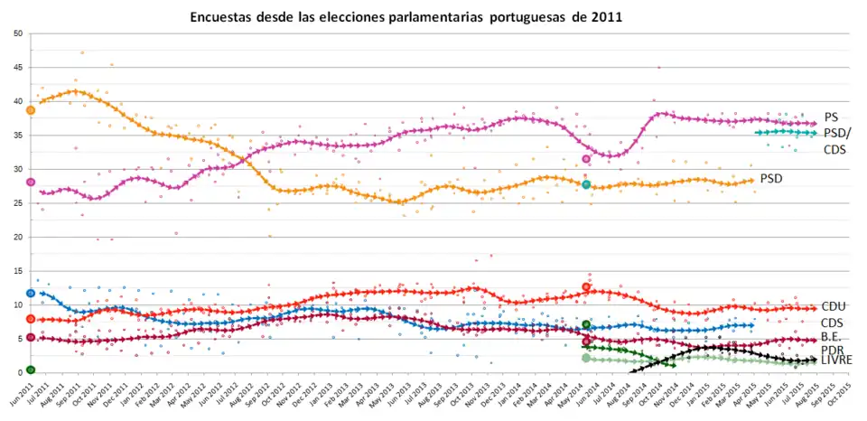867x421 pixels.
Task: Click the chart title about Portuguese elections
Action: click(x=406, y=17)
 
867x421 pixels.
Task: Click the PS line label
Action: click(x=831, y=117)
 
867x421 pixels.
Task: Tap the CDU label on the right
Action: click(x=833, y=307)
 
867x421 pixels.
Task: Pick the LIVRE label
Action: click(x=836, y=360)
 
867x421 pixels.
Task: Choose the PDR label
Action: click(x=832, y=349)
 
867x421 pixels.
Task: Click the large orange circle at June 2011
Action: click(x=31, y=110)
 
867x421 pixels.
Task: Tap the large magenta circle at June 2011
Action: click(x=31, y=182)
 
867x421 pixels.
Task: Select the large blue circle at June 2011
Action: click(x=31, y=293)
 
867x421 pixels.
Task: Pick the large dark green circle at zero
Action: click(x=31, y=370)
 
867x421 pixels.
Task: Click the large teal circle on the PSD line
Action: click(x=586, y=184)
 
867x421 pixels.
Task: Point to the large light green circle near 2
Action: click(x=586, y=358)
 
